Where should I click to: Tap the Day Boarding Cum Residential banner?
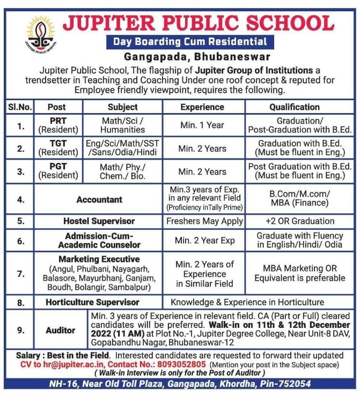[190, 41]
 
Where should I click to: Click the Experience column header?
[202, 107]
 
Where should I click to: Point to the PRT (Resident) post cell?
[58, 125]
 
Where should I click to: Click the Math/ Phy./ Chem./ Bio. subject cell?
[123, 171]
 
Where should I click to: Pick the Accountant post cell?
[99, 199]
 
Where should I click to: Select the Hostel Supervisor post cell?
[99, 221]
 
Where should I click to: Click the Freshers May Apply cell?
[204, 221]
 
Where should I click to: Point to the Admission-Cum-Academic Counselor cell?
[99, 241]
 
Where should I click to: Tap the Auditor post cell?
[60, 330]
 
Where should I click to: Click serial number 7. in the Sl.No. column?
[20, 274]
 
